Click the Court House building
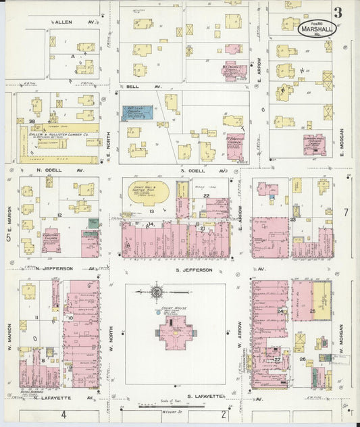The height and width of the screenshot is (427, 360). coord(175,332)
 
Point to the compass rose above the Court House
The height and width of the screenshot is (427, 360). coord(157,292)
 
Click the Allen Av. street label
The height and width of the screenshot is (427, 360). coord(66,22)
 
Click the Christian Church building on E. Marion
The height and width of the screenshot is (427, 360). coord(51,242)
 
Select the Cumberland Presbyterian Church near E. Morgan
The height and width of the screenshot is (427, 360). coord(314,145)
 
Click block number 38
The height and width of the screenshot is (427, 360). coord(32,122)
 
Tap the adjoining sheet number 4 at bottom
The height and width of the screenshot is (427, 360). coord(63,413)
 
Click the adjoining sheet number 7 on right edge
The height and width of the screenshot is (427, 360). coord(345,211)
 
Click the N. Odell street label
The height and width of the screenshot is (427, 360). coord(49,170)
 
